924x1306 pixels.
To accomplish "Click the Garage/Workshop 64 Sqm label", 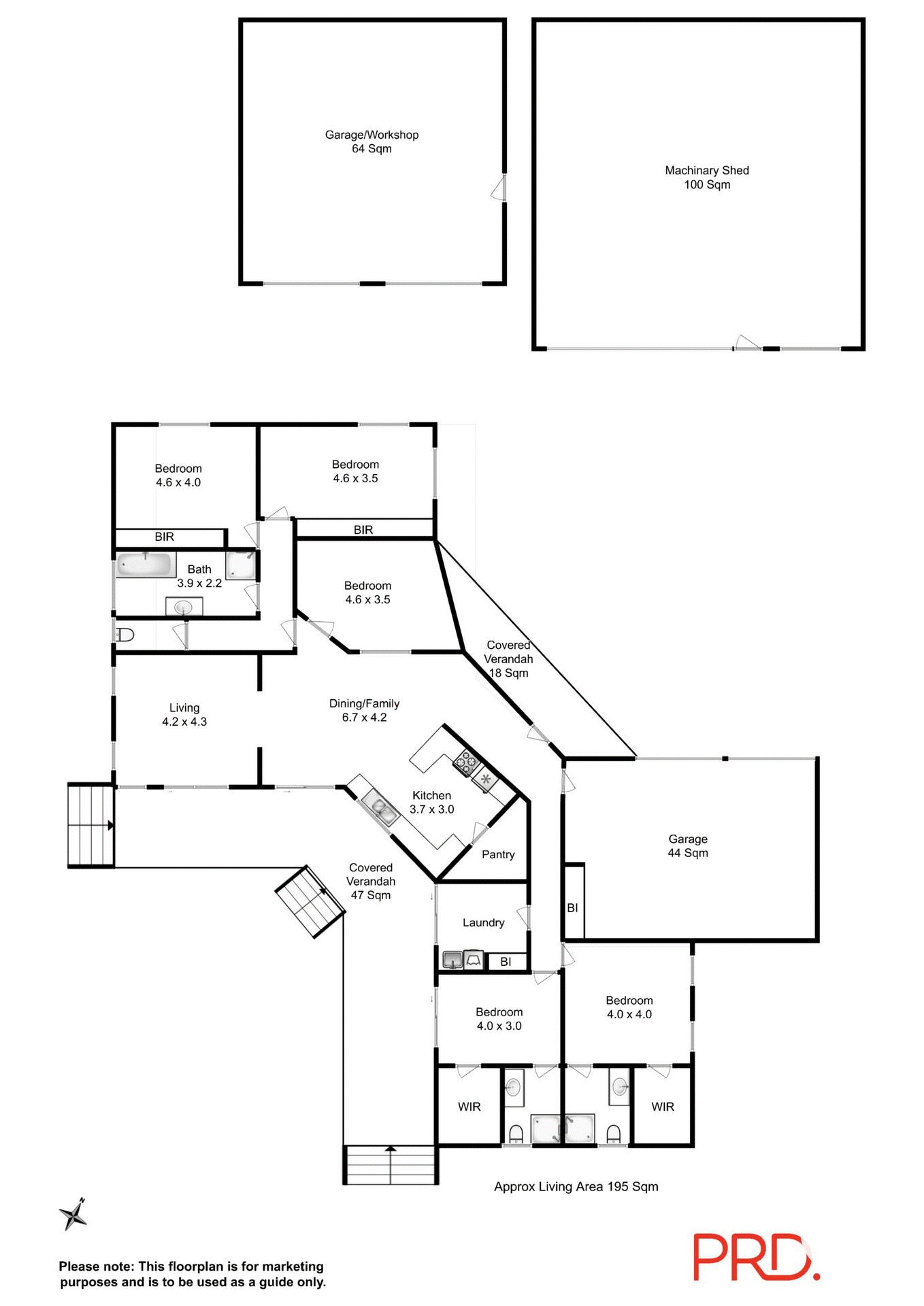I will tap(372, 141).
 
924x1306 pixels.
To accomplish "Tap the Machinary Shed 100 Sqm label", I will tap(707, 178).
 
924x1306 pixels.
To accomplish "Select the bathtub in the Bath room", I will tap(146, 565).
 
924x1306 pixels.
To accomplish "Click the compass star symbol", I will tap(73, 1214).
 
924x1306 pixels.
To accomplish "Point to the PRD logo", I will tap(756, 1256).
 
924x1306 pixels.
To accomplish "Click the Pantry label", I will tap(498, 854).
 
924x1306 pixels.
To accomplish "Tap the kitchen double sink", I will tap(381, 807).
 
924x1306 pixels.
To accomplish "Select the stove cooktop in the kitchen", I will tap(466, 761).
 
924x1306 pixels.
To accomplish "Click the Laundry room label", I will tap(483, 922).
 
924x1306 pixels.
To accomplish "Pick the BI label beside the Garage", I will tap(572, 907).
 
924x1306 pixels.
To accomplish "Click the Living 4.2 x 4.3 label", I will tap(184, 715).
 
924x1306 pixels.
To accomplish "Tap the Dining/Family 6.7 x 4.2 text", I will tap(364, 710).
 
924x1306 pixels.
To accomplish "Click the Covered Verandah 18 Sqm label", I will tap(508, 658).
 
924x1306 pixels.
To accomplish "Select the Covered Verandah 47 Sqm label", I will tap(371, 881).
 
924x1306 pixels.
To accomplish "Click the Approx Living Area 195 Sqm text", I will tap(576, 1186).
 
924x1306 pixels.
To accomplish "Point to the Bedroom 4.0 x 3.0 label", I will tap(499, 1019).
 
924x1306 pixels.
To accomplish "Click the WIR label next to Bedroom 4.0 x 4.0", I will tap(662, 1107).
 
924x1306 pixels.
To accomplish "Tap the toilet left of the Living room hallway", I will tap(125, 635).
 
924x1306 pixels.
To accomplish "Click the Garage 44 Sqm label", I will tap(687, 845).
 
